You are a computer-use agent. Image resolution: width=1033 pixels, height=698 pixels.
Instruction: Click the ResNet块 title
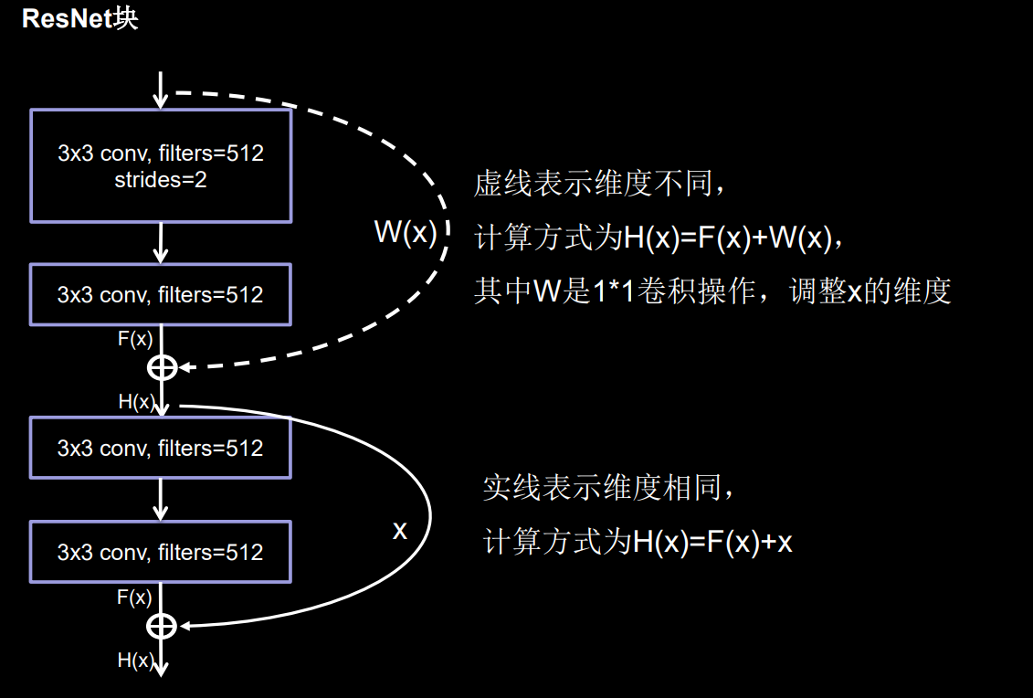80,19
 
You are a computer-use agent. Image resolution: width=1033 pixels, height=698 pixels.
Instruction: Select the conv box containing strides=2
161,165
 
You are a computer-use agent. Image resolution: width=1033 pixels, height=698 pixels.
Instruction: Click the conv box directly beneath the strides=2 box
161,294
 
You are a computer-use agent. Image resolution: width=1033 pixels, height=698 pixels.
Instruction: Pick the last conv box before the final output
161,552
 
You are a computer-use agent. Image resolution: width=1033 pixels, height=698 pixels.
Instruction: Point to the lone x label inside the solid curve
399,530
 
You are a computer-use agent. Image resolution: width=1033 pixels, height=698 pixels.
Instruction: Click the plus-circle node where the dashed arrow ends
162,367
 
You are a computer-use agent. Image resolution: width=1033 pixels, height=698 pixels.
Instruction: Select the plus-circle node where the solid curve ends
162,626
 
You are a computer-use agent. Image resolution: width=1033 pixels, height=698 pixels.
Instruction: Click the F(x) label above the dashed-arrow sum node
135,339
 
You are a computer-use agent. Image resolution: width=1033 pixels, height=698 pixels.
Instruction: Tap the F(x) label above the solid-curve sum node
134,598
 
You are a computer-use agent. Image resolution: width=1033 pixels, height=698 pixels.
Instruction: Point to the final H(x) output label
135,661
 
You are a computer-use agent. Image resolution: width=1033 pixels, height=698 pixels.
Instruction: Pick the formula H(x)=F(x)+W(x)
728,239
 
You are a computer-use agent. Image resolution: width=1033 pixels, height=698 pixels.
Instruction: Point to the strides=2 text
161,180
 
